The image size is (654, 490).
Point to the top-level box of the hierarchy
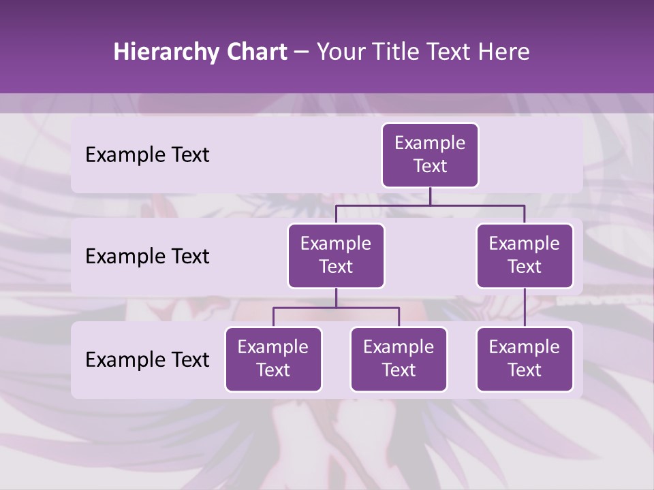pos(430,155)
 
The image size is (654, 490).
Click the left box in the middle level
pos(336,256)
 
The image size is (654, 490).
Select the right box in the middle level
pos(525,256)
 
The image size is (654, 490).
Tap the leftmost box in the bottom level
pos(273,359)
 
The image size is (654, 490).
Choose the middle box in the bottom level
pos(399,359)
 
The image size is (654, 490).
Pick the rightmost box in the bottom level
pos(525,359)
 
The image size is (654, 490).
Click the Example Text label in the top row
pos(147,155)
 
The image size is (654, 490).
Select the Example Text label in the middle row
pos(147,257)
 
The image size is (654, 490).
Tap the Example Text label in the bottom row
pos(147,359)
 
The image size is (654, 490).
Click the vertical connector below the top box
pos(430,196)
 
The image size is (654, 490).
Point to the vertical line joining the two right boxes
pos(525,308)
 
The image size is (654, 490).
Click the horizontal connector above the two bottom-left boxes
pos(336,308)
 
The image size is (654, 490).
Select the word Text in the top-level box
pos(430,166)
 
